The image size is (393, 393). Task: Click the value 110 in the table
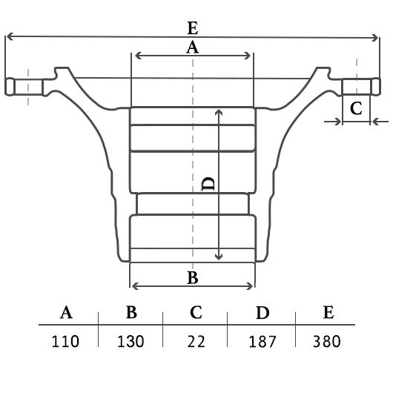pyautogui.click(x=65, y=341)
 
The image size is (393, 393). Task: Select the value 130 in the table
pyautogui.click(x=131, y=341)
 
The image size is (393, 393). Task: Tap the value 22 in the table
pyautogui.click(x=196, y=341)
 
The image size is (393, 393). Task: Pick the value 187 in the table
pyautogui.click(x=262, y=341)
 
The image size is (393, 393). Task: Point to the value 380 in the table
pyautogui.click(x=327, y=341)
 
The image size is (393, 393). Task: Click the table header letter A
pyautogui.click(x=66, y=312)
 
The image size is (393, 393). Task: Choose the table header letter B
pyautogui.click(x=131, y=312)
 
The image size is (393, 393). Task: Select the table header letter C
pyautogui.click(x=196, y=312)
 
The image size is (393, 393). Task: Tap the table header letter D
pyautogui.click(x=262, y=312)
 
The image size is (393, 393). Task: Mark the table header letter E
pyautogui.click(x=328, y=312)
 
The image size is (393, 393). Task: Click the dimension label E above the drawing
pyautogui.click(x=193, y=28)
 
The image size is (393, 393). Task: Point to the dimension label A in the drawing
pyautogui.click(x=192, y=47)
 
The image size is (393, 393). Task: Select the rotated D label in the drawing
pyautogui.click(x=208, y=184)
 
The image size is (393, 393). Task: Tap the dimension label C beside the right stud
pyautogui.click(x=356, y=108)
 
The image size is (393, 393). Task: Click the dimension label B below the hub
pyautogui.click(x=193, y=278)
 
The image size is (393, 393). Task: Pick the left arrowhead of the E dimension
pyautogui.click(x=9, y=36)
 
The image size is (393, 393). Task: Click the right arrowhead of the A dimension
pyautogui.click(x=248, y=56)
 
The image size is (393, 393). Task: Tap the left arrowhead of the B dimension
pyautogui.click(x=135, y=286)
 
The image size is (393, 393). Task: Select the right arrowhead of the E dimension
pyautogui.click(x=375, y=38)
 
